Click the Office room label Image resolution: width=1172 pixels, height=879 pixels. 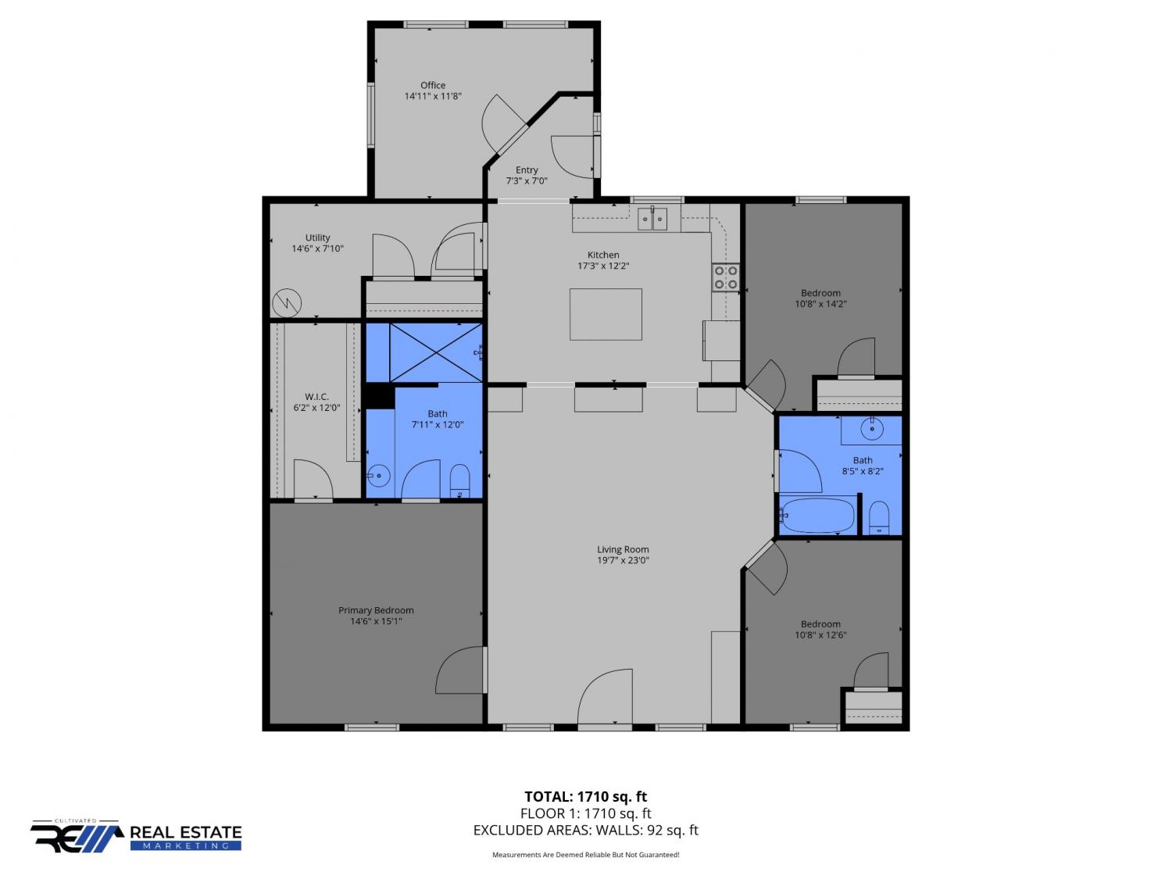[x=433, y=85]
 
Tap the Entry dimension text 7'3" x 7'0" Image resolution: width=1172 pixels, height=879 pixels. [x=527, y=181]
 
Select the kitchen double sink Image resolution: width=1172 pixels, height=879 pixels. [x=652, y=219]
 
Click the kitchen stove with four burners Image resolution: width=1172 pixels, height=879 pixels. [x=726, y=277]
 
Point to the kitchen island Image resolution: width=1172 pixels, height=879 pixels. [x=606, y=314]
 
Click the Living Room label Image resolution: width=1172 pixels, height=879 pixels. [x=623, y=549]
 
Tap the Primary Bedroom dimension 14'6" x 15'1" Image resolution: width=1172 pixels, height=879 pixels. [x=376, y=621]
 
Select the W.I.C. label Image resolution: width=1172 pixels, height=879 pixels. [x=316, y=397]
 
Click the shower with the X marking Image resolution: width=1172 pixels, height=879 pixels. [x=436, y=352]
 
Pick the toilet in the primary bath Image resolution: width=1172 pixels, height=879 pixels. [x=459, y=481]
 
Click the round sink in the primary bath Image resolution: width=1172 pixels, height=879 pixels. [x=379, y=476]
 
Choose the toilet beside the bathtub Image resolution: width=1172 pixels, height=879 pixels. [x=878, y=518]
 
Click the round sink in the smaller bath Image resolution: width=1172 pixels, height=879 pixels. [x=872, y=428]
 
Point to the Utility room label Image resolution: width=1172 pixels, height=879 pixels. [x=317, y=238]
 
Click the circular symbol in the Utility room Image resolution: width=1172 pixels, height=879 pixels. [x=287, y=303]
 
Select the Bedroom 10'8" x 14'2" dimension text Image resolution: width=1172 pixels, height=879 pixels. [x=820, y=304]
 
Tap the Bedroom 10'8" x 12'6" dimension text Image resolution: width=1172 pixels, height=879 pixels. [x=820, y=635]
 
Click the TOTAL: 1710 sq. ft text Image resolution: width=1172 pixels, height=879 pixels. [x=585, y=797]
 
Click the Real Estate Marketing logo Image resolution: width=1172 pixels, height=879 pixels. [x=136, y=836]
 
